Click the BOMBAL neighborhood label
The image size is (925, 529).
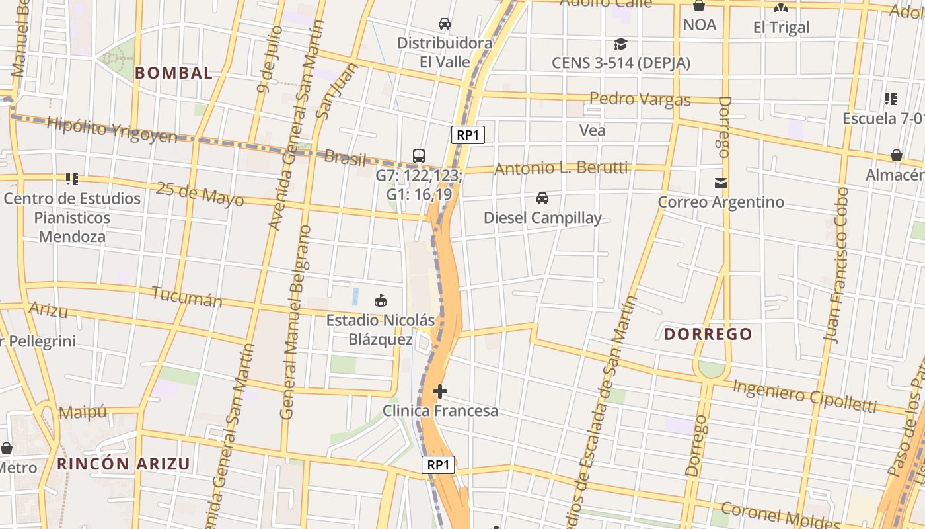click(x=174, y=73)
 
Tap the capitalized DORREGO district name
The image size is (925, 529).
click(x=708, y=334)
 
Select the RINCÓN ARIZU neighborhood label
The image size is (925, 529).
click(x=124, y=464)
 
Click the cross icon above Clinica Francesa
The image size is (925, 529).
click(x=440, y=392)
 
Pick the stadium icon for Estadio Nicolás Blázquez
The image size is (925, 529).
click(x=381, y=301)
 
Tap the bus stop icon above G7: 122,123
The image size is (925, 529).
click(x=419, y=156)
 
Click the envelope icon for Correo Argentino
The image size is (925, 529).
click(x=720, y=183)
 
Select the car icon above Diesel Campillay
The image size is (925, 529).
click(x=542, y=198)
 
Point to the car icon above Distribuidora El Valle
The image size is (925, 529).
click(x=445, y=24)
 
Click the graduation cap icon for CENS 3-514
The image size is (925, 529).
click(x=620, y=44)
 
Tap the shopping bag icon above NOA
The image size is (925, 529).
click(x=699, y=7)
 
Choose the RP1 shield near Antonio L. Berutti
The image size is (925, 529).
click(x=468, y=135)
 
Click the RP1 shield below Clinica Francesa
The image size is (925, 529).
click(x=438, y=465)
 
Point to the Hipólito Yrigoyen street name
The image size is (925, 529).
click(x=112, y=130)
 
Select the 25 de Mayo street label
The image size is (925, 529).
click(x=200, y=194)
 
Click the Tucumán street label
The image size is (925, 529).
click(x=187, y=296)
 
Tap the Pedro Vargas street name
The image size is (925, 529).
click(x=640, y=100)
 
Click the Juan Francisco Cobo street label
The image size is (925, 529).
click(x=836, y=264)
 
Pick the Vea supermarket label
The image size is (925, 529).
click(x=592, y=130)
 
